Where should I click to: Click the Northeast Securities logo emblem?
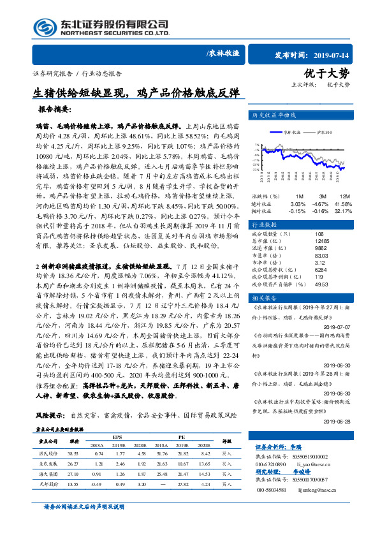[43, 27]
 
